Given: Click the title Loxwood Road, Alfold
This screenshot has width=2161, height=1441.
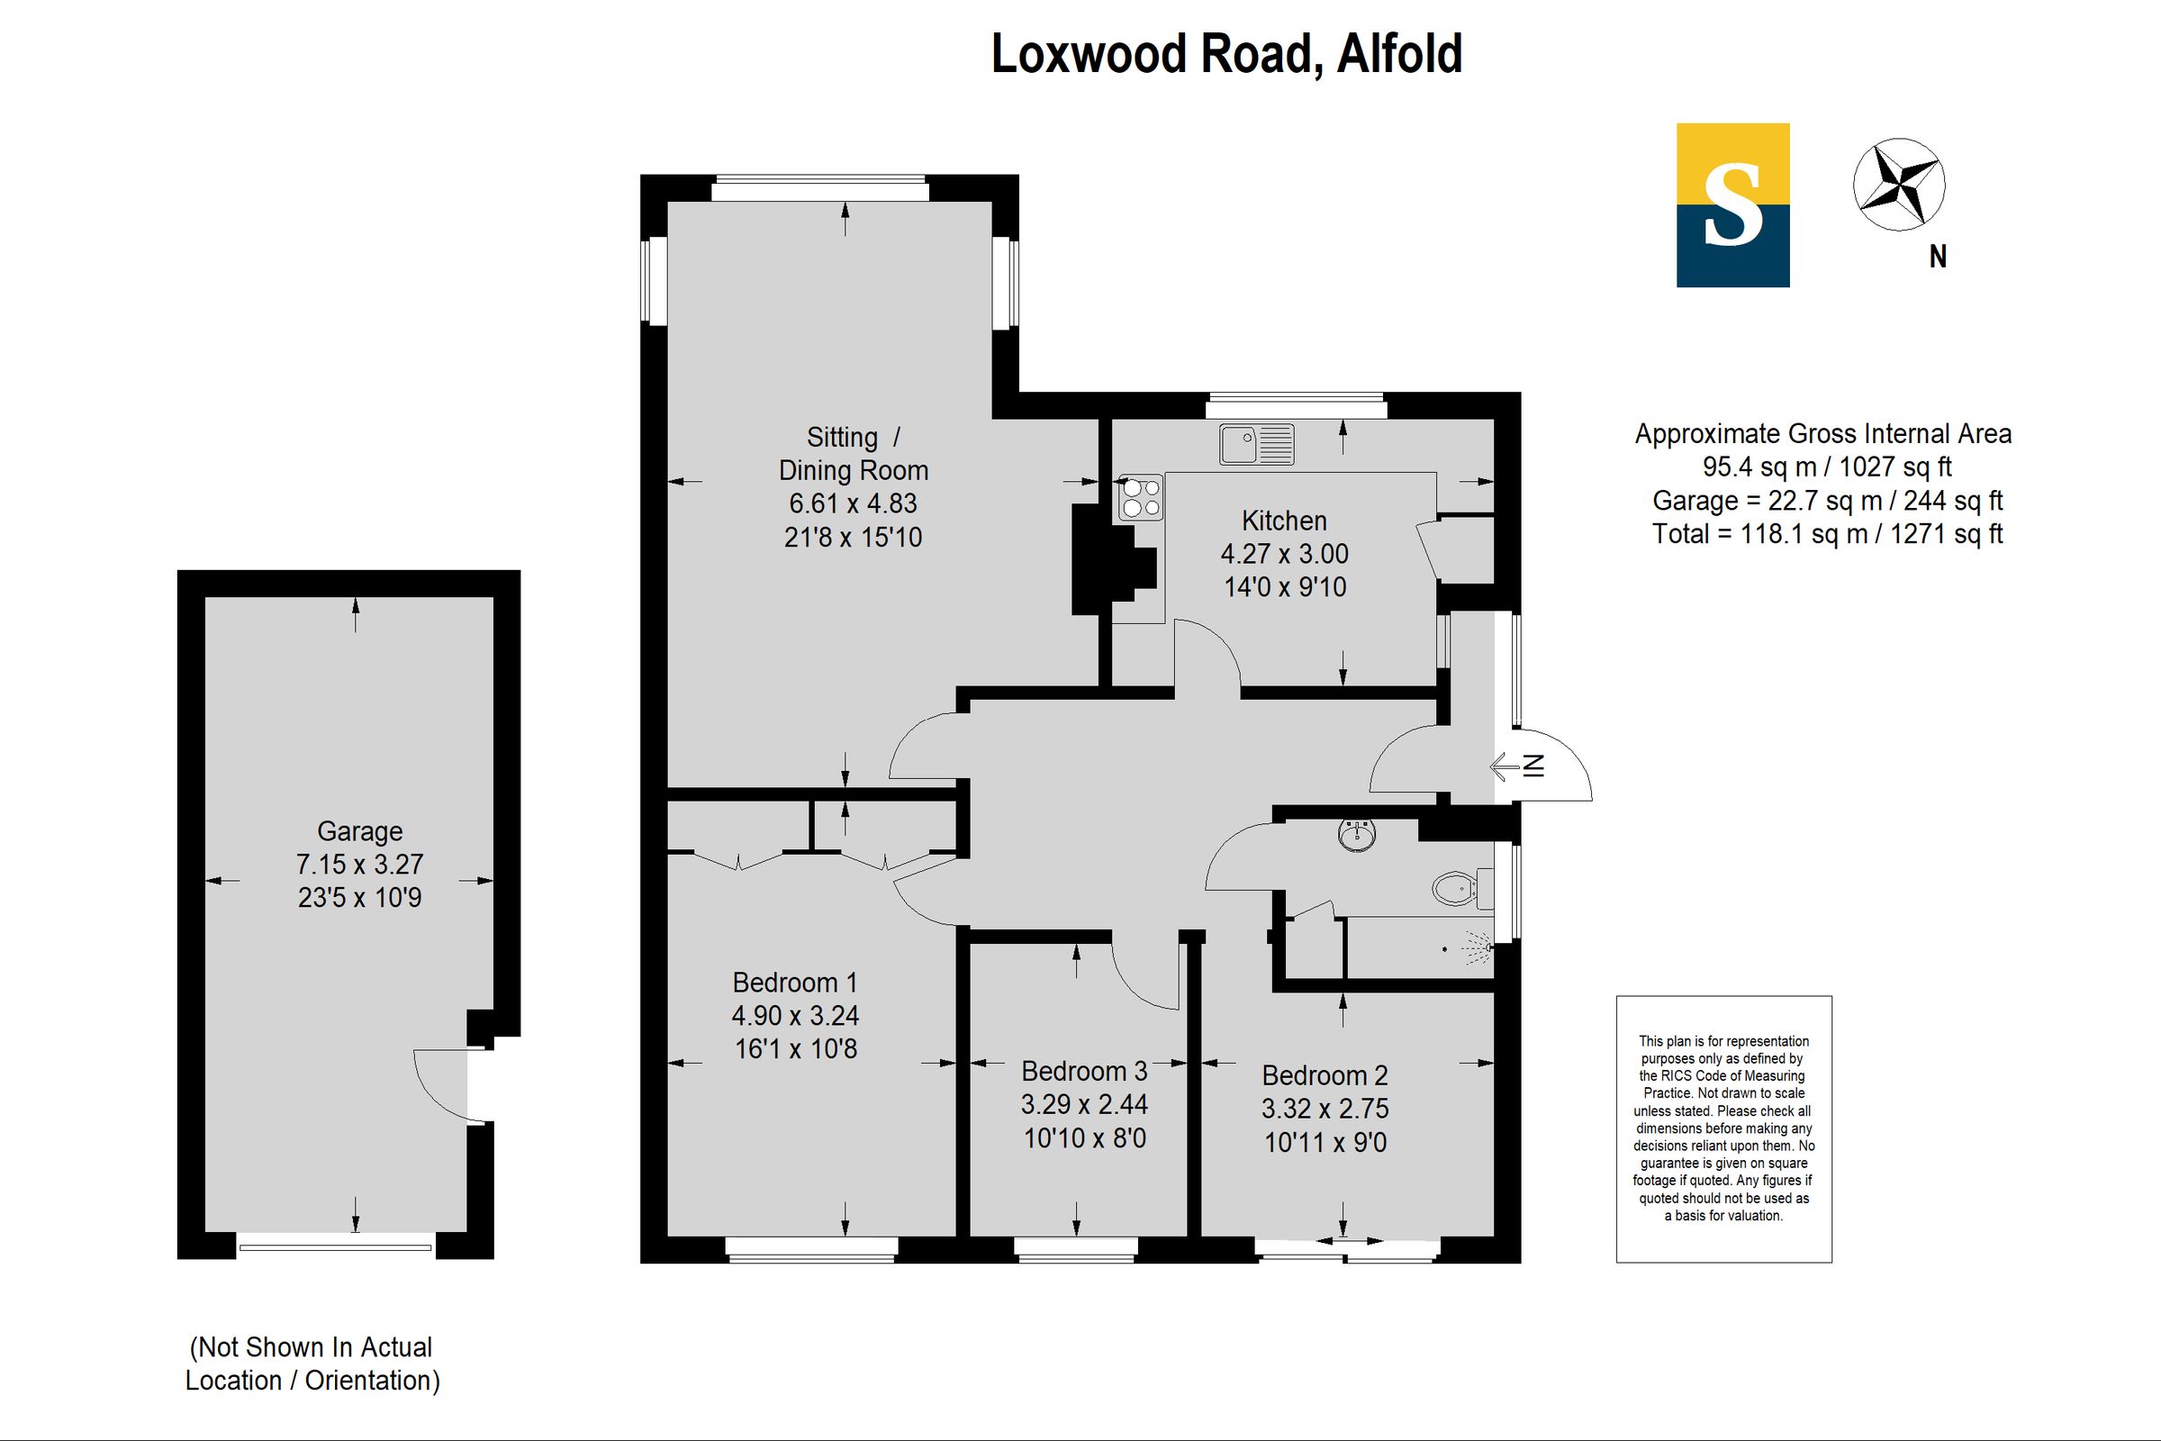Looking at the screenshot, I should [x=1225, y=54].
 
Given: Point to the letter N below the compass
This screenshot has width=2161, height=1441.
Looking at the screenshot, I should [x=1938, y=258].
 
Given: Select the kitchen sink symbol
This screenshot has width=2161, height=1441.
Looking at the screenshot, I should [x=1256, y=444].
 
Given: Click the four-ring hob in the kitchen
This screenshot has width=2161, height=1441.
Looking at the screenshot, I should [x=1140, y=497].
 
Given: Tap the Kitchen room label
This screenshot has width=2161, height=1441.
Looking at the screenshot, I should [x=1284, y=521].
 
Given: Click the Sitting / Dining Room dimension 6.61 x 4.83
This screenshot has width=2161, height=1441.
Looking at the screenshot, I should [x=853, y=503].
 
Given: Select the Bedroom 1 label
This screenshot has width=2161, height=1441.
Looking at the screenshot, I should [x=795, y=983].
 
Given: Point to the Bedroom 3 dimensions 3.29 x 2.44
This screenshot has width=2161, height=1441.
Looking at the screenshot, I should [x=1084, y=1104].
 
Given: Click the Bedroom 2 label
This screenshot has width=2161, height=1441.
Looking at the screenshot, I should [x=1324, y=1075].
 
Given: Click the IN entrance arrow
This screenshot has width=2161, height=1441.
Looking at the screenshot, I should [x=1517, y=766].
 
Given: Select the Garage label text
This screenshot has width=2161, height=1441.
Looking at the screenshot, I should [x=359, y=830].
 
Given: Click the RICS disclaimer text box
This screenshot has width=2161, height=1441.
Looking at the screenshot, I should [x=1723, y=1128].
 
